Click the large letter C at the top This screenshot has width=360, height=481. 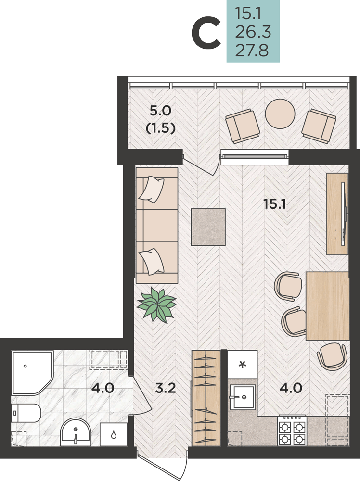coord(206,33)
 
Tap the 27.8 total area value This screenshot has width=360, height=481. coord(252,51)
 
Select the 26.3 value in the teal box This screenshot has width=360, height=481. coord(253,32)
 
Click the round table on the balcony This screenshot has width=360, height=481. coord(280,114)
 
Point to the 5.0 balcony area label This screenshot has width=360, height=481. coord(160,111)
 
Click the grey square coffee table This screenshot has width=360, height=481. coord(208,227)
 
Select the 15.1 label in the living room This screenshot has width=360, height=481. coord(274,203)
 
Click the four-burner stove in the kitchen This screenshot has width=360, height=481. coord(292,430)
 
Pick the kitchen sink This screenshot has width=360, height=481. coord(243,397)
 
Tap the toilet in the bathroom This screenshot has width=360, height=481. coord(26,413)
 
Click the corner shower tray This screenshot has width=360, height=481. coord(32,373)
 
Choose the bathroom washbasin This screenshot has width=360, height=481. coord(76,432)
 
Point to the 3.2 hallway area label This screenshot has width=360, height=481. coord(166,388)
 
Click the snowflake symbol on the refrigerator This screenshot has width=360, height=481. coord(243,365)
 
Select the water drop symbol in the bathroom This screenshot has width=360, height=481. coord(114,434)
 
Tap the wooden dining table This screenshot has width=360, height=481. coord(327,306)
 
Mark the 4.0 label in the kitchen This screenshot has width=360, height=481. coord(291,388)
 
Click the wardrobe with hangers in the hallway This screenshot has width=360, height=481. coord(206,398)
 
